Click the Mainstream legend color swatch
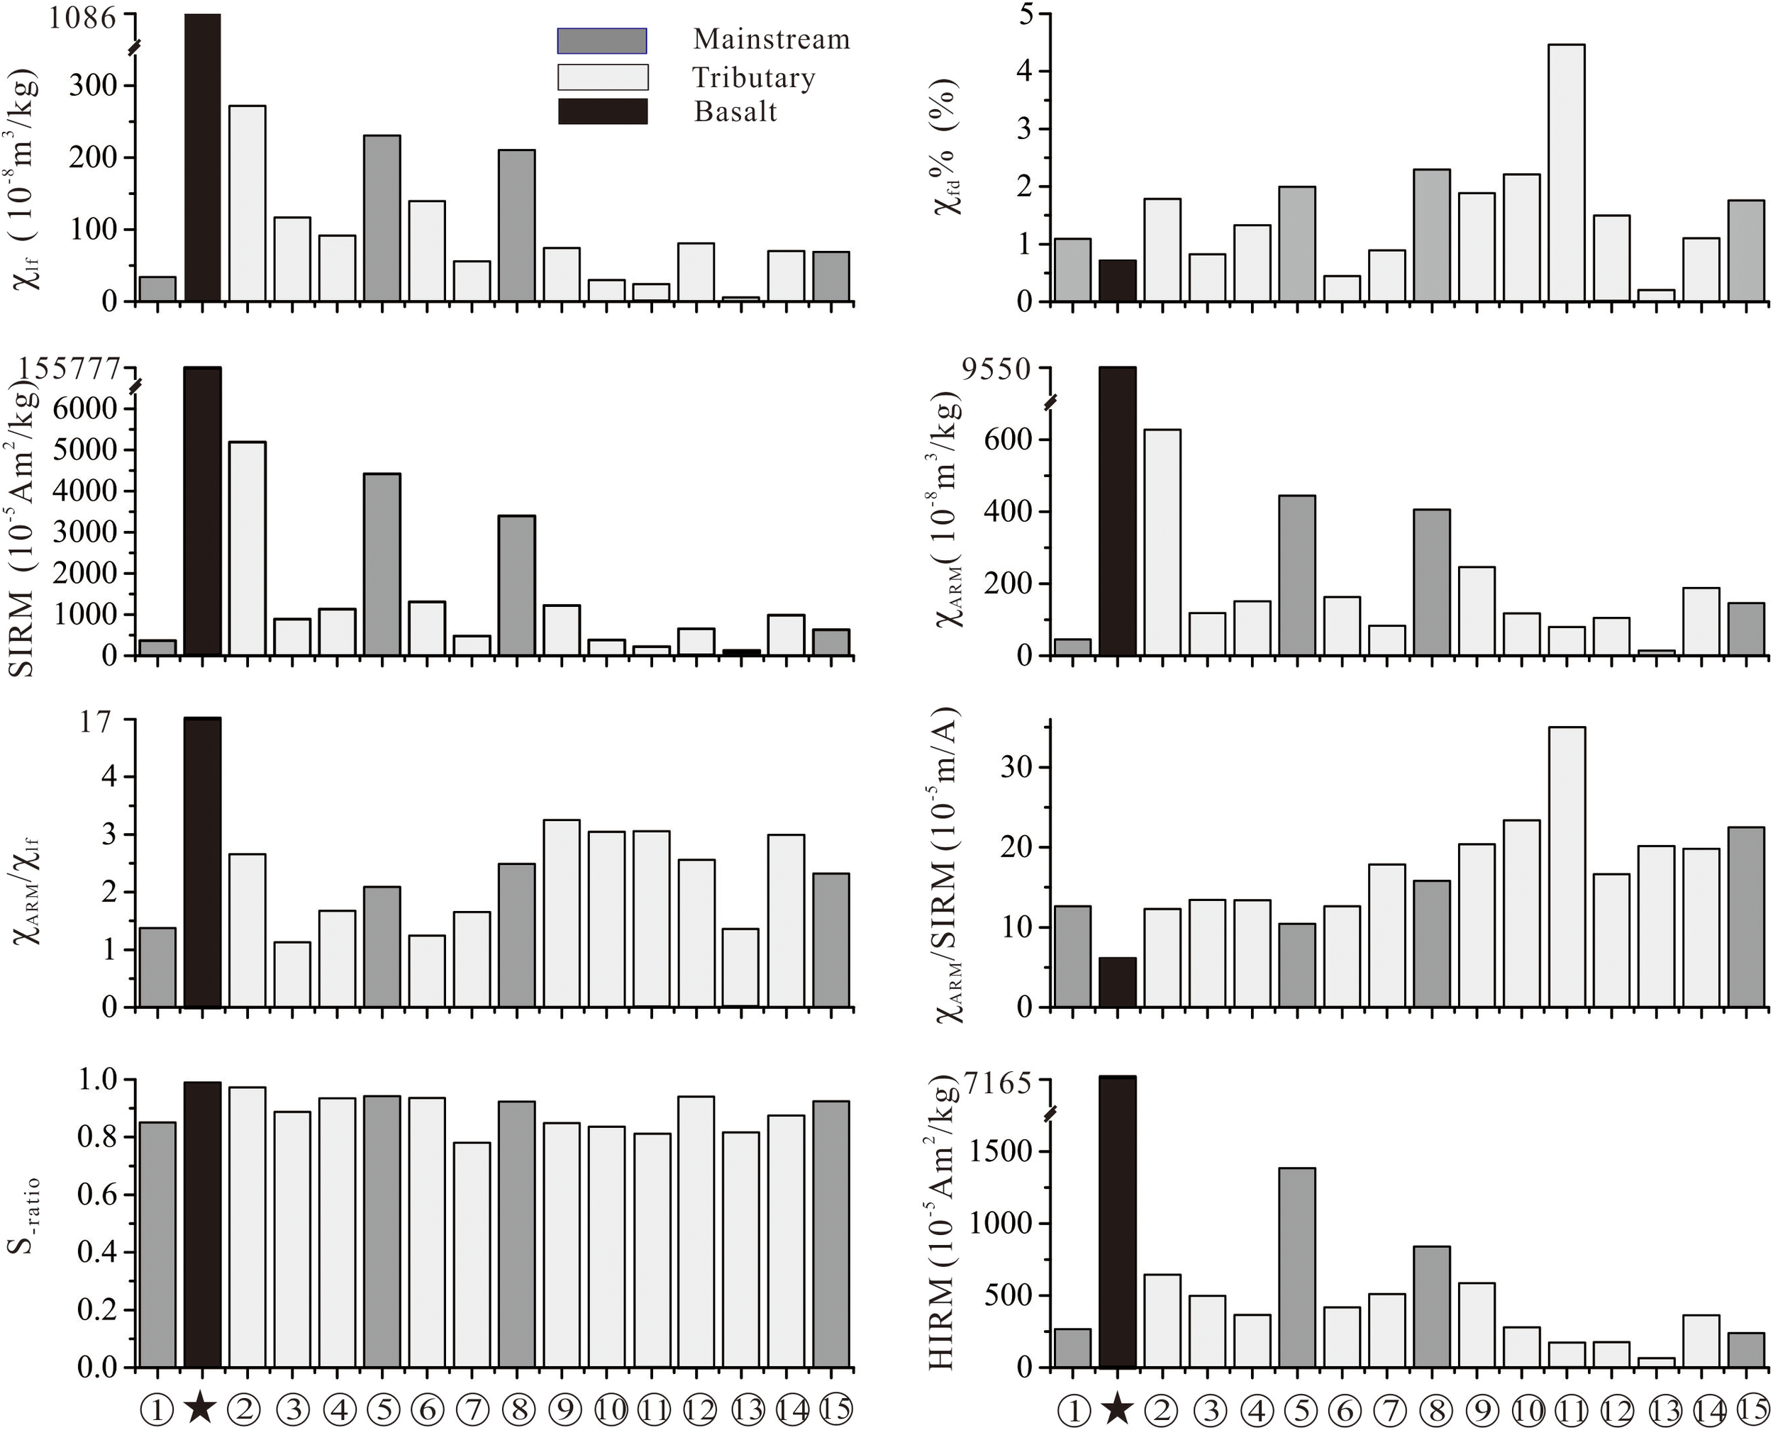pos(601,40)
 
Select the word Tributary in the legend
pos(753,77)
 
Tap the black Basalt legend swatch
pos(602,111)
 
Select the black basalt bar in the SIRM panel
pos(202,510)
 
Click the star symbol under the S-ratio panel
pos(201,1409)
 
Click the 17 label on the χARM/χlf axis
pos(96,722)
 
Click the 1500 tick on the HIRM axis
pos(1000,1151)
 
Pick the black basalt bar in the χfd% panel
pos(1117,281)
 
